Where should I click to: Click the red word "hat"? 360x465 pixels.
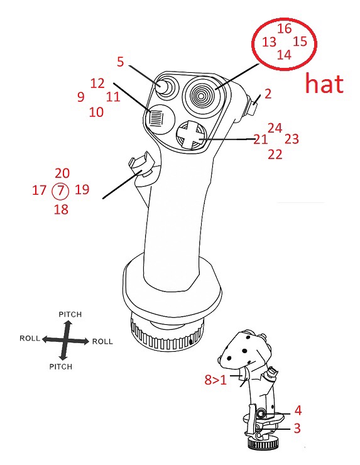(x=324, y=84)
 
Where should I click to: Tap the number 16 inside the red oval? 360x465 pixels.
(x=285, y=28)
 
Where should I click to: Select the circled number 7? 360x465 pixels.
(x=60, y=190)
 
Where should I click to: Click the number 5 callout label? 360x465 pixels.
(x=120, y=62)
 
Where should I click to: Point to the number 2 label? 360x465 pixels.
(x=268, y=94)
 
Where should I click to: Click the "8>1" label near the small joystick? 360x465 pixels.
(x=215, y=380)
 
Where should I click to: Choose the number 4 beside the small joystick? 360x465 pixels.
(x=298, y=410)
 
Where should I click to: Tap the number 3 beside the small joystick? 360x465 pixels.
(x=297, y=428)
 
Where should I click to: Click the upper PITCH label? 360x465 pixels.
(x=70, y=314)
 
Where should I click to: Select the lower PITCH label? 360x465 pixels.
(x=61, y=367)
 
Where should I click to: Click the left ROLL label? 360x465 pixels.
(x=30, y=338)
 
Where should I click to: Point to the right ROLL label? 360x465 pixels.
(x=102, y=342)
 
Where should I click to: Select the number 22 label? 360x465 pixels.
(x=275, y=155)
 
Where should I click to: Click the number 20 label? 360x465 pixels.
(x=62, y=173)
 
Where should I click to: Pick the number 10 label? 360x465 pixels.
(x=96, y=112)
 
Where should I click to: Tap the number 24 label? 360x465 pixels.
(x=275, y=128)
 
